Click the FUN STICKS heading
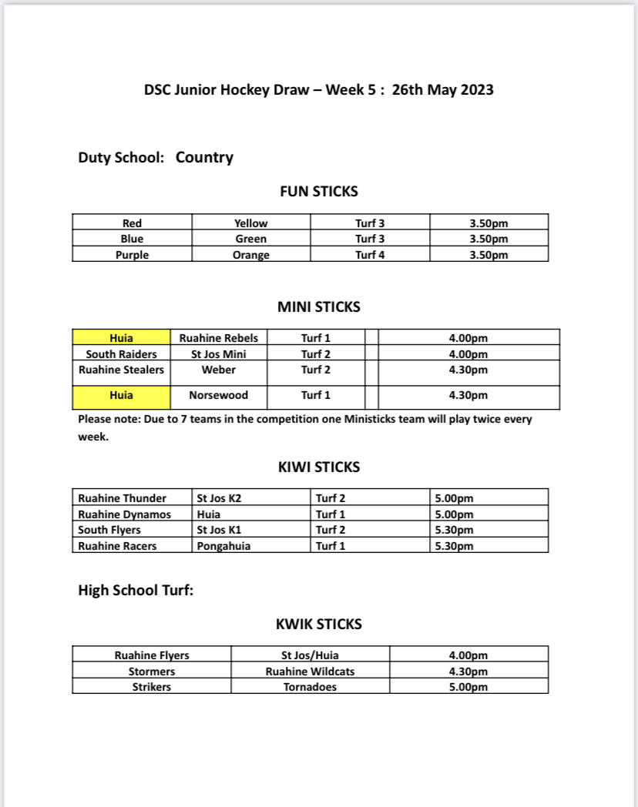[x=318, y=192]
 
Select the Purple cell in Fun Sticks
[x=132, y=255]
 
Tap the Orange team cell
[x=250, y=255]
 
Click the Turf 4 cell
[x=370, y=255]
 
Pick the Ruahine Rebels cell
[x=219, y=338]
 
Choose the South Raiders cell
[x=121, y=354]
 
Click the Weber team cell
[x=219, y=370]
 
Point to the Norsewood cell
[x=219, y=396]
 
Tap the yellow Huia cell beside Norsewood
[x=121, y=396]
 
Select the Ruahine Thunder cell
[x=122, y=498]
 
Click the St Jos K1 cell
[x=220, y=530]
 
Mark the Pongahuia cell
[x=223, y=546]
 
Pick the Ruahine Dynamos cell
[x=124, y=514]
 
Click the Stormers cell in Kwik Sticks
[x=152, y=671]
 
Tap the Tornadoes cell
[x=310, y=687]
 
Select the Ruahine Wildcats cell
[x=310, y=671]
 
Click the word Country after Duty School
[x=204, y=158]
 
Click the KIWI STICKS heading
[x=318, y=467]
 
